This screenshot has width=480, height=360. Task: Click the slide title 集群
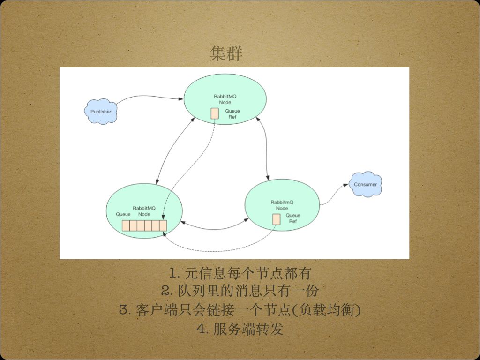point(226,53)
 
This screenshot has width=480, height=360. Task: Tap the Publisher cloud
point(101,112)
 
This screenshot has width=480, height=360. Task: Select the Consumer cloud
point(365,184)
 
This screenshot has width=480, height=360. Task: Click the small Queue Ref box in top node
point(215,113)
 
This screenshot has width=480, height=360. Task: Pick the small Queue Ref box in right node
point(277,219)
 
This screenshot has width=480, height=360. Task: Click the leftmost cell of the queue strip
point(126,225)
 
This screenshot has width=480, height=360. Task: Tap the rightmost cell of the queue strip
point(163,225)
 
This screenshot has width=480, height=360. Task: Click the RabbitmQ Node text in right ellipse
point(282,205)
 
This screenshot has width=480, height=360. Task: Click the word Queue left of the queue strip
point(123,214)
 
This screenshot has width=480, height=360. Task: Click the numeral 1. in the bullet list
point(175,272)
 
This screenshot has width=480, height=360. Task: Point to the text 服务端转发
point(248,329)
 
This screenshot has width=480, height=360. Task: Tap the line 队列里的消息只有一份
point(248,291)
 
